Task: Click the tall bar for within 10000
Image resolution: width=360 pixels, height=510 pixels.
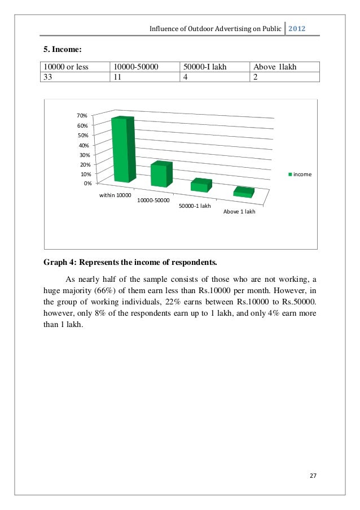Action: [122, 151]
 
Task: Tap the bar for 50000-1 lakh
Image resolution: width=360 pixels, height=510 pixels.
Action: [200, 186]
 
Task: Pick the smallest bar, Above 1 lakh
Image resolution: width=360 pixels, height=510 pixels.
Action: [243, 193]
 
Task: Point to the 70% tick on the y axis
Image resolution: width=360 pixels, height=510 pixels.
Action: [82, 116]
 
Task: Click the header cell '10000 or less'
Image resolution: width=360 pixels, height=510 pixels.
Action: [66, 67]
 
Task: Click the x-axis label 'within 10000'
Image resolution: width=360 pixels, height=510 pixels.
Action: [115, 195]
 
